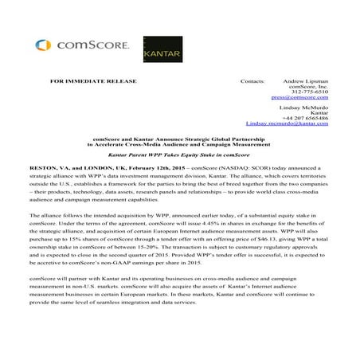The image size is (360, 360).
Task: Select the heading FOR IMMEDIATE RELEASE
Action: click(x=93, y=81)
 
